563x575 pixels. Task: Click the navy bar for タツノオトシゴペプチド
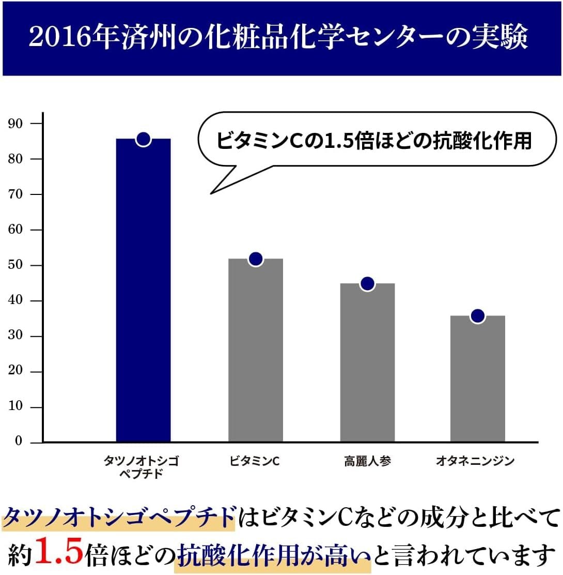pos(143,290)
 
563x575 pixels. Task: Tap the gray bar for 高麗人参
pos(367,362)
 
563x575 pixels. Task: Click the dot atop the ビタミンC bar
pos(255,259)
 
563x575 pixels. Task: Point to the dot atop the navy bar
pos(143,139)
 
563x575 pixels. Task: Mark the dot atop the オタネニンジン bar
pos(478,315)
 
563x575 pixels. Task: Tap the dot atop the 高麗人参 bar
pos(367,283)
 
